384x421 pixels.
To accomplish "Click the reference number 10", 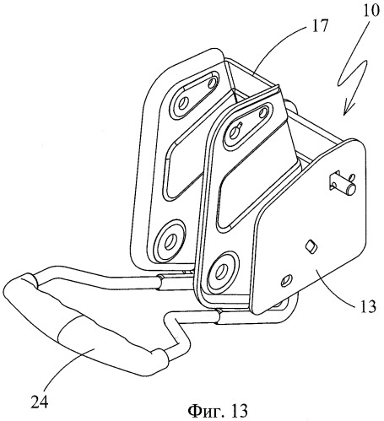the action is coord(370,11).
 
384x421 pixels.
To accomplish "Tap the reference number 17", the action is coord(319,26).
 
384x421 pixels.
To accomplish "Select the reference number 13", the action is coord(366,306).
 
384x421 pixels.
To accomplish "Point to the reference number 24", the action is coord(40,402).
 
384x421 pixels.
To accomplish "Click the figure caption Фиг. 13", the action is coord(218,410).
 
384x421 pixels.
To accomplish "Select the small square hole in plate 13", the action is coord(311,246).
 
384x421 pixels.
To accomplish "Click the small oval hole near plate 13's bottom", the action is coord(286,280).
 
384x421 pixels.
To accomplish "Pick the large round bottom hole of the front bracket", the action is coord(220,272).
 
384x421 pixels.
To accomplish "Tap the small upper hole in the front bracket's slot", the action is coord(263,113).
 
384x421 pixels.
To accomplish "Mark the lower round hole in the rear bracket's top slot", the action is coord(183,104).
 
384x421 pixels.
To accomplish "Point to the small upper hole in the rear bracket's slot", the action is coord(212,83).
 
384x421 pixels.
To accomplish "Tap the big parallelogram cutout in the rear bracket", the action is coord(187,169).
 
